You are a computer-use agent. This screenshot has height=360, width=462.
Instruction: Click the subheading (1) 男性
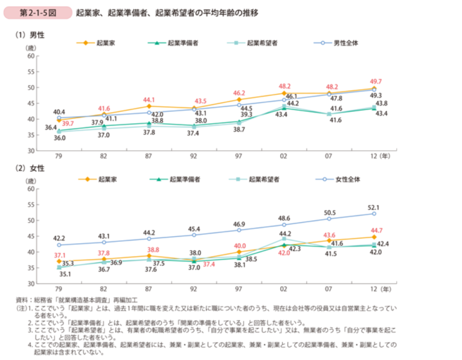point(30,36)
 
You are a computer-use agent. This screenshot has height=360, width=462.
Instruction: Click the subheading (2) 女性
point(30,168)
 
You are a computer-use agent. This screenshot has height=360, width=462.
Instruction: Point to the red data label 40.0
point(239,246)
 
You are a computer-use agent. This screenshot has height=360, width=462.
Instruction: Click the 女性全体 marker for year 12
point(373,214)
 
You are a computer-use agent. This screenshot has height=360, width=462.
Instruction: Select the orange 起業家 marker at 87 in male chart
point(149,106)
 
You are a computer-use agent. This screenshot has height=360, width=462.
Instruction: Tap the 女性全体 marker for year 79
point(59,245)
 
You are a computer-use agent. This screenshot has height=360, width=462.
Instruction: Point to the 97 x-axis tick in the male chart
point(239,157)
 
